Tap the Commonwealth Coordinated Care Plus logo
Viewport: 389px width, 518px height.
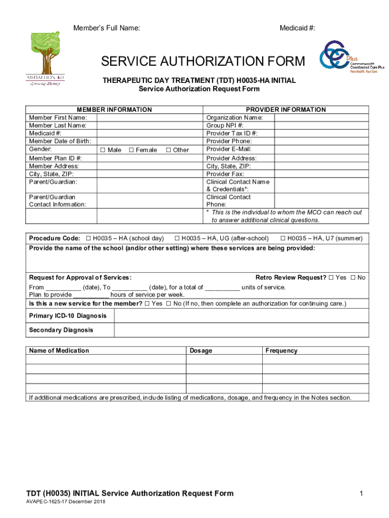348,57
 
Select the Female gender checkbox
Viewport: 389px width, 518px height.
131,150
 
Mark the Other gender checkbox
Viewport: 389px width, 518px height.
169,150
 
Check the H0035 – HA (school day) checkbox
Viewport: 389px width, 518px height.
88,238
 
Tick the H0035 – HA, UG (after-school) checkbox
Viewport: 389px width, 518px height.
177,238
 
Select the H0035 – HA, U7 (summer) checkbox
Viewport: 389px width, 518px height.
283,238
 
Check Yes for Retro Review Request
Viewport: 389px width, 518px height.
331,278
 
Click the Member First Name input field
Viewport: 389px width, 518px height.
150,118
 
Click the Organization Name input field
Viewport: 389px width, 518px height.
321,118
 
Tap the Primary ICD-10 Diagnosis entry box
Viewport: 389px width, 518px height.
241,316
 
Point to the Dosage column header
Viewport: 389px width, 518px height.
201,351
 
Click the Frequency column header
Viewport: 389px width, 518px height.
281,351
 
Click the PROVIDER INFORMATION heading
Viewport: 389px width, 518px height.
285,110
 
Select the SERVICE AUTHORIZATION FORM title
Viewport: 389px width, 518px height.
203,62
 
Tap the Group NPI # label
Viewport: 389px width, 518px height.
225,125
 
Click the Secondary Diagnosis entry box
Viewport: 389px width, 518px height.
241,330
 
